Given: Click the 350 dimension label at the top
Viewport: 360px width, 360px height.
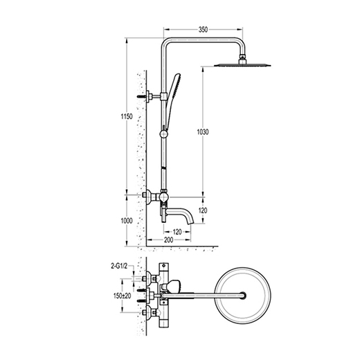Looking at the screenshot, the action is point(203,30).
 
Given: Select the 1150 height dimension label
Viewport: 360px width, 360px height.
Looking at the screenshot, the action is point(127,116).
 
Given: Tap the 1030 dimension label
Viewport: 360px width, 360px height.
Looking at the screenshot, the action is point(203,132).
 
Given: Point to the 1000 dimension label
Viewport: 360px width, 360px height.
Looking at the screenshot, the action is point(127,221).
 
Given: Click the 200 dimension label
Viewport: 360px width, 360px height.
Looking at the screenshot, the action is point(168,240).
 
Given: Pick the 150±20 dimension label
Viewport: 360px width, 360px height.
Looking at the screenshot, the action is point(123,296).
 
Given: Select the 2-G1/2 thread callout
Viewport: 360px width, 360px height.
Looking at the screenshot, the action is point(119,267).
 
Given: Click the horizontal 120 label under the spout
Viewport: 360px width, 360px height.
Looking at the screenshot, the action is point(177,232).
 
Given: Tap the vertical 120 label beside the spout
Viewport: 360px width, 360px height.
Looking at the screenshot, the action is point(203,210).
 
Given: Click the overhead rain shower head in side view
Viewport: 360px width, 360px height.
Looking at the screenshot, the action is point(242,65).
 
